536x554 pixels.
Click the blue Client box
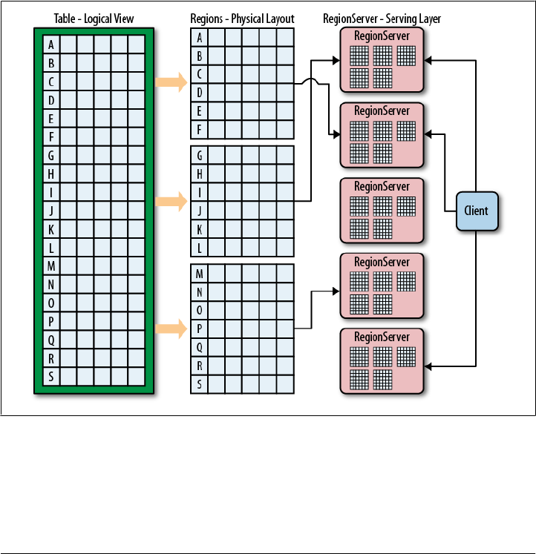tap(476, 211)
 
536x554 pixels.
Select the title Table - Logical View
tap(94, 18)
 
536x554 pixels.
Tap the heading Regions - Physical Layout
tap(242, 18)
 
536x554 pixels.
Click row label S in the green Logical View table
tap(50, 376)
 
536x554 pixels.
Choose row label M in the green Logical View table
tap(50, 266)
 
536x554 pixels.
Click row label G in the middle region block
tap(199, 156)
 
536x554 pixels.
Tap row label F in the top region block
tap(199, 129)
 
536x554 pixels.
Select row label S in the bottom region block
tap(199, 384)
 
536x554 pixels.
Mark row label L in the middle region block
tap(199, 246)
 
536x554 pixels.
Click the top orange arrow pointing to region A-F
tap(171, 82)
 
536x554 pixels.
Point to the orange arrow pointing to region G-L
tap(171, 200)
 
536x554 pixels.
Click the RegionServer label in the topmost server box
tap(382, 36)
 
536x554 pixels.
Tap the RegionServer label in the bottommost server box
tap(382, 337)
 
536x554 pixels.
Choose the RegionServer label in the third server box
tap(382, 186)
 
